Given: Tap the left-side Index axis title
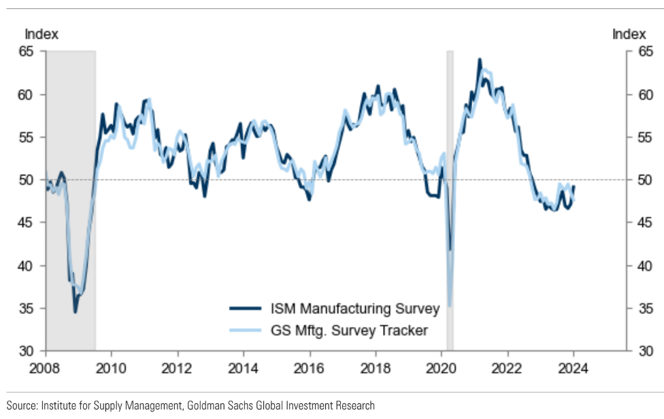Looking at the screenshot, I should pyautogui.click(x=41, y=34).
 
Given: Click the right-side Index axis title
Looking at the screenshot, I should pyautogui.click(x=629, y=34).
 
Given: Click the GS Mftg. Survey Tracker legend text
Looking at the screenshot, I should pyautogui.click(x=348, y=331).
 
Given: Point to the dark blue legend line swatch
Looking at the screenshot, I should pyautogui.click(x=245, y=309).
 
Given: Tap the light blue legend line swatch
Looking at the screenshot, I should pyautogui.click(x=245, y=331).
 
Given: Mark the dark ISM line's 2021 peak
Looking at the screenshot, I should pyautogui.click(x=480, y=60).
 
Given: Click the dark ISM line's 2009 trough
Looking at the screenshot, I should pyautogui.click(x=75, y=312).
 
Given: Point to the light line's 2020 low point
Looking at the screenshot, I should pyautogui.click(x=450, y=305).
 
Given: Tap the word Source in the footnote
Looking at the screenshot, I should pyautogui.click(x=22, y=405).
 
